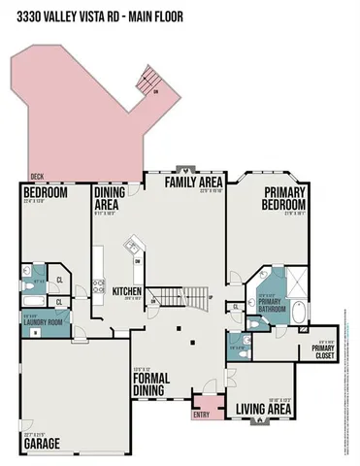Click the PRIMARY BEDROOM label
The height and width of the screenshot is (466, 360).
[283, 199]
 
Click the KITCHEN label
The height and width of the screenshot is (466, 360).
[126, 290]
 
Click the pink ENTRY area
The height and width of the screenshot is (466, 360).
[205, 403]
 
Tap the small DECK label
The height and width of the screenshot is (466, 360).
[36, 177]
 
